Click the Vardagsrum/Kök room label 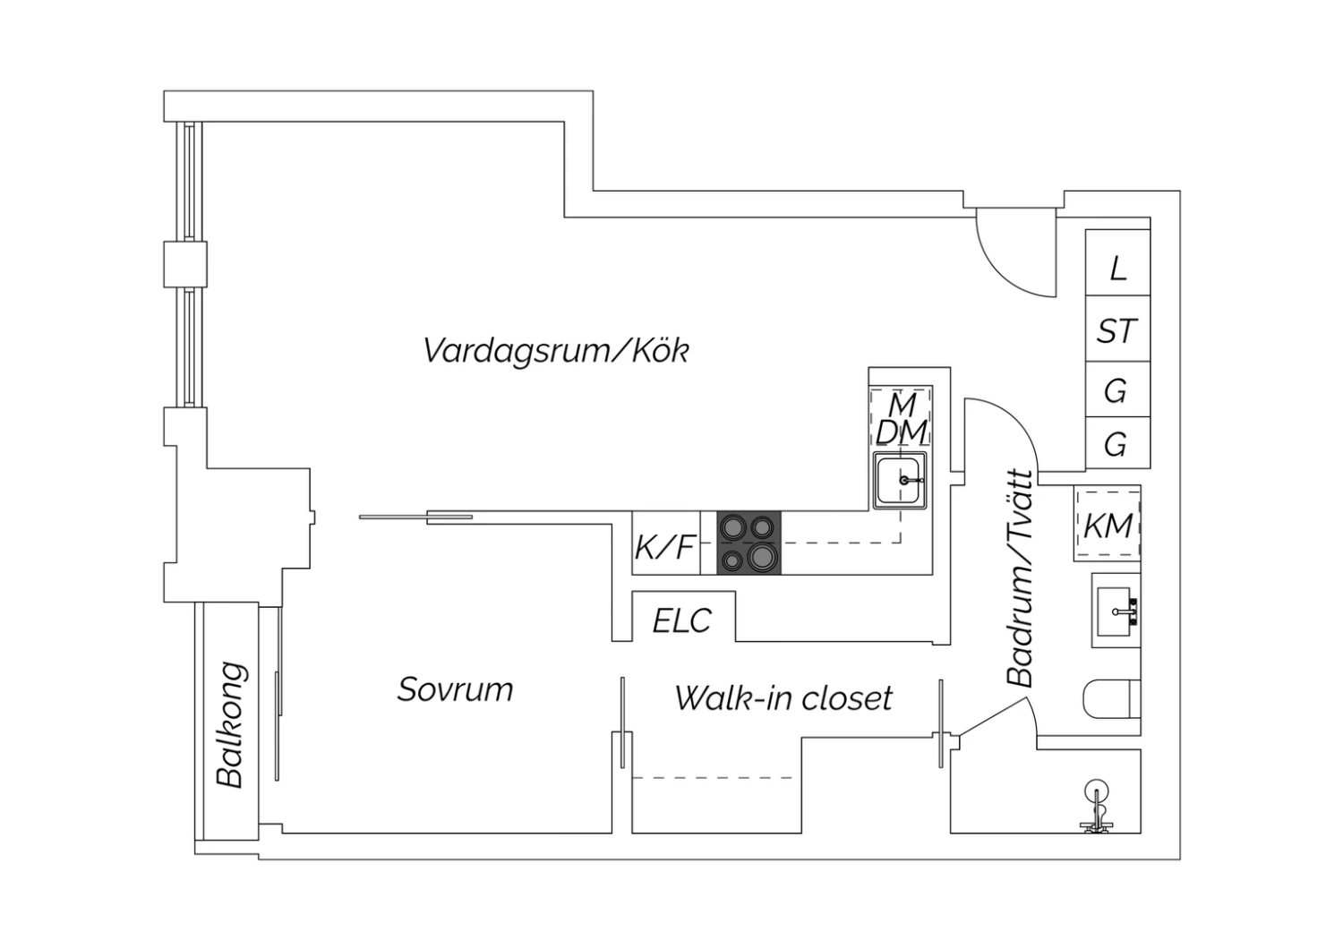[x=556, y=350]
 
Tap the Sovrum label [x=455, y=689]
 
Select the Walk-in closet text [x=783, y=697]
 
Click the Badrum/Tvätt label [x=1021, y=577]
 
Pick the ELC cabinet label [x=681, y=620]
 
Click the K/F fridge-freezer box [x=666, y=543]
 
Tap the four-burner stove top [x=748, y=543]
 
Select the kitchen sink [x=899, y=481]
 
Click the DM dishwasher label [x=901, y=432]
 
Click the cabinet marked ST [x=1117, y=329]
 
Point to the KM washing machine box [x=1107, y=524]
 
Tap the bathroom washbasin [x=1116, y=611]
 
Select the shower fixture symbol [x=1097, y=808]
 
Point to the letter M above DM [x=902, y=405]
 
